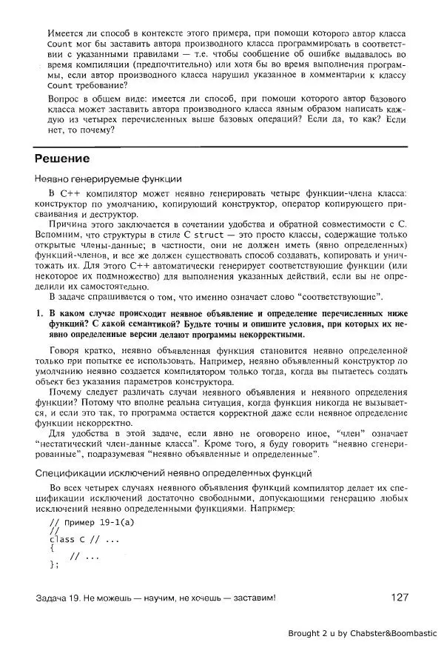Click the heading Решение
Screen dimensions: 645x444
coord(63,158)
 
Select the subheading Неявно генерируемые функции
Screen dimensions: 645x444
coord(107,179)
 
